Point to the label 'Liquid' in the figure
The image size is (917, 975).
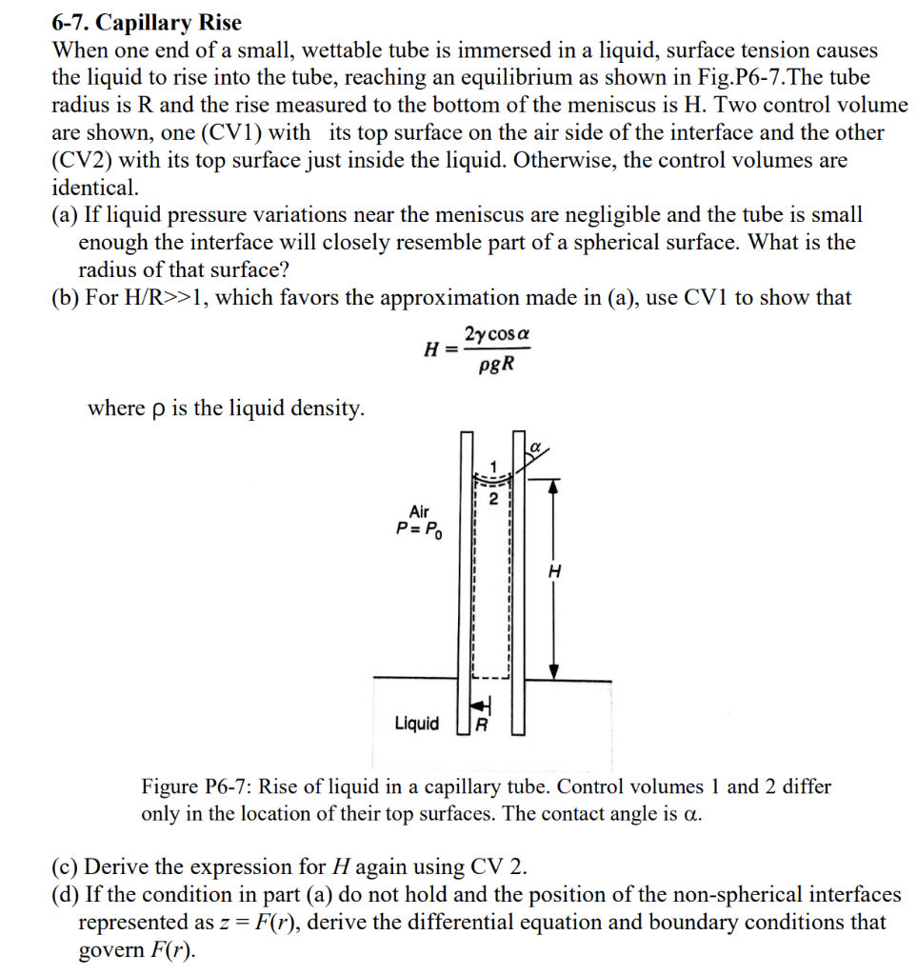417,724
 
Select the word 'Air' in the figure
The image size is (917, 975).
420,512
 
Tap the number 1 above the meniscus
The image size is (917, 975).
493,466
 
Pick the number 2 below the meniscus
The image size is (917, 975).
493,497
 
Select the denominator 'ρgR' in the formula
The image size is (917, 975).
496,363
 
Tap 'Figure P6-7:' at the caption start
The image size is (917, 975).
196,787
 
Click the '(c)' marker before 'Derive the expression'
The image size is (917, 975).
66,867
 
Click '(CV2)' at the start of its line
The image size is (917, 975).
83,161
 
